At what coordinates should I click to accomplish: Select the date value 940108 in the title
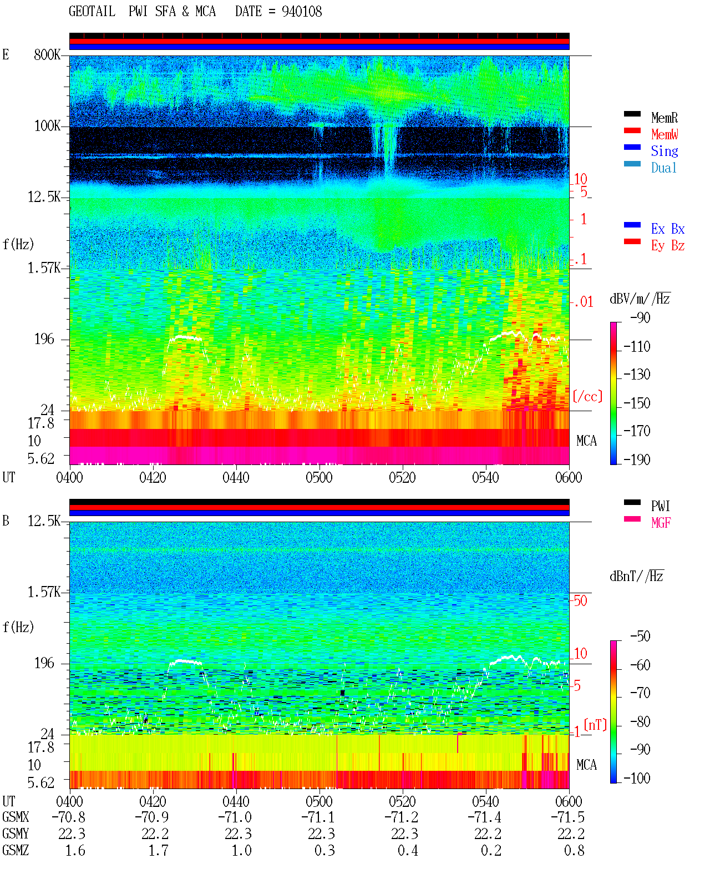tap(301, 12)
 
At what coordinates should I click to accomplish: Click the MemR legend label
tap(664, 118)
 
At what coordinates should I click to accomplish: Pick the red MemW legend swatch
tap(632, 130)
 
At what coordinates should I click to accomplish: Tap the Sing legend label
tap(664, 151)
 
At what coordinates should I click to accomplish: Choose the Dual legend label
tap(663, 168)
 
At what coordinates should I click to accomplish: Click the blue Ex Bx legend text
tap(667, 229)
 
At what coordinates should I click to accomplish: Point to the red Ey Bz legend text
tap(667, 245)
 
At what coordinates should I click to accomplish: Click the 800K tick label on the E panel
tap(47, 54)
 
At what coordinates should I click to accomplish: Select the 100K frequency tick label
tap(47, 126)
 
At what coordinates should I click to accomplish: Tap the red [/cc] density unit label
tap(587, 396)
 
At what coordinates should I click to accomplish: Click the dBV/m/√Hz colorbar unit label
tap(640, 299)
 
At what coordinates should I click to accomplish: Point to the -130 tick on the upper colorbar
tap(636, 375)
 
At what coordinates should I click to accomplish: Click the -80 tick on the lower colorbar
tap(640, 722)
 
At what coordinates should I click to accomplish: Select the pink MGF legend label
tap(661, 523)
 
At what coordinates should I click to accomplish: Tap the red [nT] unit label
tap(595, 725)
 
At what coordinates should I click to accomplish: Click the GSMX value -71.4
tap(485, 817)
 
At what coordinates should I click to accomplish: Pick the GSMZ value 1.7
tap(158, 851)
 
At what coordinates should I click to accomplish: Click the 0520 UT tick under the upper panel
tap(402, 478)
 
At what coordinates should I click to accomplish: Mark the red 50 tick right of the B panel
tap(580, 601)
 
